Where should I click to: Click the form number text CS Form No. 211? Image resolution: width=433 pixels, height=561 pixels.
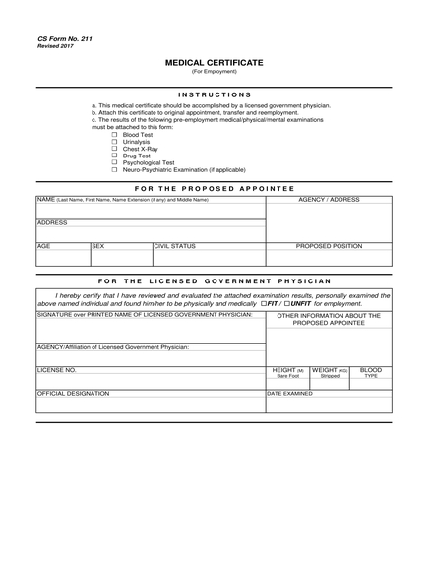(59, 38)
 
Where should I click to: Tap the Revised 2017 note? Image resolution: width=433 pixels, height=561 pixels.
(55, 46)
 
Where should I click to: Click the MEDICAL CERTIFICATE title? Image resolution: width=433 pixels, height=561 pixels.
(215, 62)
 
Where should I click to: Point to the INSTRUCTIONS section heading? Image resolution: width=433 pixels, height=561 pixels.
(215, 94)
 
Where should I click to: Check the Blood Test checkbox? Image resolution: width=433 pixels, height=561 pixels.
(114, 135)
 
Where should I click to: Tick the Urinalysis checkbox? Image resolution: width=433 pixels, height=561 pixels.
(114, 142)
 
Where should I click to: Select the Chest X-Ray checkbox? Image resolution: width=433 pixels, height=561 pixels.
(114, 149)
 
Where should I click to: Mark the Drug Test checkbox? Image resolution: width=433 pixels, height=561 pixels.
(114, 156)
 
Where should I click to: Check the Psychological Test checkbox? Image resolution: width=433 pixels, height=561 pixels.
(114, 162)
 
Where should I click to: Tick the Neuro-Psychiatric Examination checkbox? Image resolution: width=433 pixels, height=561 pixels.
(114, 169)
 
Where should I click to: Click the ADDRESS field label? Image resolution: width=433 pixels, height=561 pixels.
(52, 223)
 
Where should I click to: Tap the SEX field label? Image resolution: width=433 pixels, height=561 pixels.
(97, 246)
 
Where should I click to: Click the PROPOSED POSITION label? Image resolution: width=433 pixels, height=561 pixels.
(329, 246)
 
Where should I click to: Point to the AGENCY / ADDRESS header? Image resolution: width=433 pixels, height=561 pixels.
(329, 200)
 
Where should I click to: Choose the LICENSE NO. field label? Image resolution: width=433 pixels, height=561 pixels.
(56, 370)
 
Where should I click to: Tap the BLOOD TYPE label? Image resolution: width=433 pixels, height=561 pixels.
(371, 373)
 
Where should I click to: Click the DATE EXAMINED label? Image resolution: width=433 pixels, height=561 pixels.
(290, 393)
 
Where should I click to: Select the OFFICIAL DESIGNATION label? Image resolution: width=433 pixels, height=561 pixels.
(74, 393)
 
